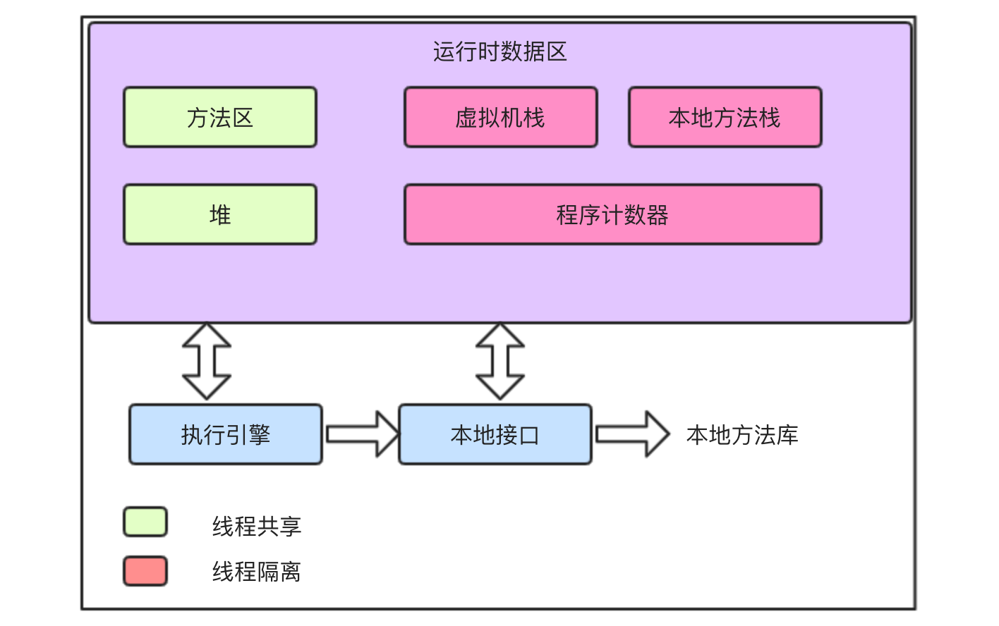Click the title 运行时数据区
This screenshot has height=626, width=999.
coord(499,52)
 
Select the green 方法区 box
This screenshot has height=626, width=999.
coord(220,117)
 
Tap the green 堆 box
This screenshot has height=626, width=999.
coord(220,214)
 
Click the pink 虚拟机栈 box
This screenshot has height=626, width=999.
coord(500,117)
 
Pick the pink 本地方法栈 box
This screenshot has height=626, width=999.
coord(725,117)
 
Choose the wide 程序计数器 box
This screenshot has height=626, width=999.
coord(612,214)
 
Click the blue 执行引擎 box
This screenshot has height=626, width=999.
coord(226,434)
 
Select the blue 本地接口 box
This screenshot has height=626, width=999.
coord(495,434)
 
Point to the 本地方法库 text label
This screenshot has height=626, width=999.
coord(742,435)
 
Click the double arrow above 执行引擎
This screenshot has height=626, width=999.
coord(207,362)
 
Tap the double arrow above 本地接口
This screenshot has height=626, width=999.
coord(500,362)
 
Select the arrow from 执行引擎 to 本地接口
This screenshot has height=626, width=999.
coord(362,434)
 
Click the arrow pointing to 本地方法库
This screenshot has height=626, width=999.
coord(631,434)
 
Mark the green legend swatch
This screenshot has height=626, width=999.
coord(145,522)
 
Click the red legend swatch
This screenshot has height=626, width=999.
coord(145,571)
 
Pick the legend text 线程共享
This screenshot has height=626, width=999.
coord(257,526)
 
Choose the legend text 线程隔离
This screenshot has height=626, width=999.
coord(257,571)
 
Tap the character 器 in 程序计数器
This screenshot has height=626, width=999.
coord(658,215)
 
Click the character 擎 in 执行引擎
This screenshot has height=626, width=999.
coord(260,434)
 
